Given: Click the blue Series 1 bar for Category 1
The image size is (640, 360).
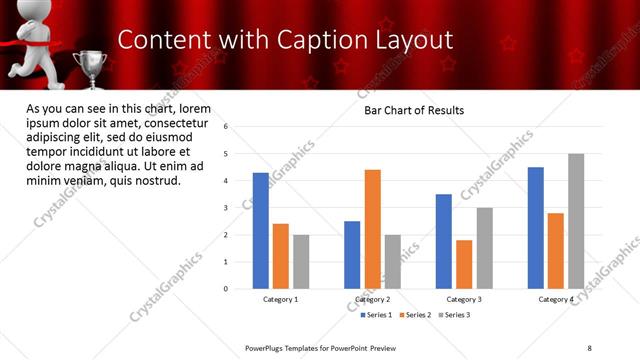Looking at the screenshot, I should pyautogui.click(x=261, y=230).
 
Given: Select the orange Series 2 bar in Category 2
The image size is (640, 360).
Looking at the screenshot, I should pyautogui.click(x=372, y=229).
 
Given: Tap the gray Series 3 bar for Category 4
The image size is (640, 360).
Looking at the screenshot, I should pyautogui.click(x=576, y=221).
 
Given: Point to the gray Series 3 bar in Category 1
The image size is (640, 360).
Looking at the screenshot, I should pyautogui.click(x=301, y=261).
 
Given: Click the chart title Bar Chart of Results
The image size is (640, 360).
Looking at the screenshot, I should pyautogui.click(x=413, y=110).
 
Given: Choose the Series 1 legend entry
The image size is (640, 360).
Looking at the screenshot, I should pyautogui.click(x=376, y=315).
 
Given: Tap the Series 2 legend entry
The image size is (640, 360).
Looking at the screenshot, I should pyautogui.click(x=416, y=315).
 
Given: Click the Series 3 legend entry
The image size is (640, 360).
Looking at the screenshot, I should pyautogui.click(x=456, y=315).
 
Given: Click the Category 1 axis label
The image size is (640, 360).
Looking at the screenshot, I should pyautogui.click(x=281, y=299).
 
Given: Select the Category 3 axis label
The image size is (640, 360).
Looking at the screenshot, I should pyautogui.click(x=464, y=299).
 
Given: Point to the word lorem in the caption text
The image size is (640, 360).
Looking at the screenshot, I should pyautogui.click(x=197, y=108).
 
